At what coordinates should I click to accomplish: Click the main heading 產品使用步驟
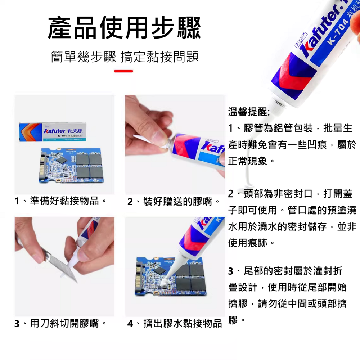124,28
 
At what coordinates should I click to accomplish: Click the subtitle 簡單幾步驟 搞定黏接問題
125,57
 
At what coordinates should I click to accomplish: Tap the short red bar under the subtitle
123,71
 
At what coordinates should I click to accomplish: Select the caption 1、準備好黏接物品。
60,201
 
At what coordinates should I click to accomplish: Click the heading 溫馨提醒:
249,111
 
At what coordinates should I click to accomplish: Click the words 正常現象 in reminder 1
248,161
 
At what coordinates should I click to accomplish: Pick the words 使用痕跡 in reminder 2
248,243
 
